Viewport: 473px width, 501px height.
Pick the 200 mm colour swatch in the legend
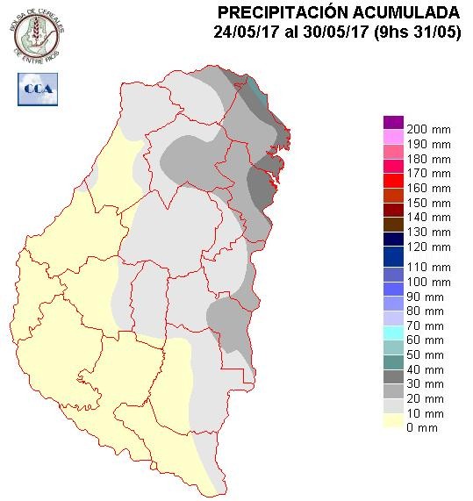coord(393,122)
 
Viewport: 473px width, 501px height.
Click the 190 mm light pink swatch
coord(393,137)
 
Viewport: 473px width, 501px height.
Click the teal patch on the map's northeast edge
coord(254,89)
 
